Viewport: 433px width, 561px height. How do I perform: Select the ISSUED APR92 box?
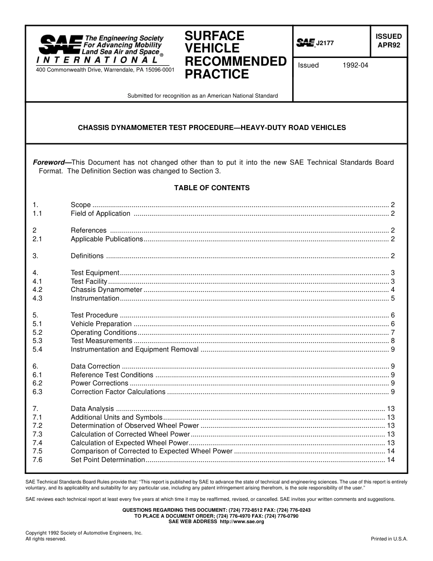click(388, 41)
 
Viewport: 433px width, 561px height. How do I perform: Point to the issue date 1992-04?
click(355, 65)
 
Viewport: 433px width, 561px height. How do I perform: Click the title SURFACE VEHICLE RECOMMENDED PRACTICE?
click(235, 55)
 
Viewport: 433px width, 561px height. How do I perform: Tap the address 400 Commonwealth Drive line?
click(105, 70)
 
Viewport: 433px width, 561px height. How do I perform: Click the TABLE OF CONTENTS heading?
click(211, 188)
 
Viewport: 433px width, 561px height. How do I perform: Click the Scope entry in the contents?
click(81, 205)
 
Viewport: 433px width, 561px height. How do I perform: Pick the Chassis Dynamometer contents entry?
click(107, 290)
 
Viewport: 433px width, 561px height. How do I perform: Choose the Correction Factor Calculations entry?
click(118, 392)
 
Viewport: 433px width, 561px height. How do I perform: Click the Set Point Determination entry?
click(108, 460)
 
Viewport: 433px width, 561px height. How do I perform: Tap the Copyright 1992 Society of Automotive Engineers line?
click(84, 533)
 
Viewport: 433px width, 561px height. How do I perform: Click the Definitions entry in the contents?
click(87, 256)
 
